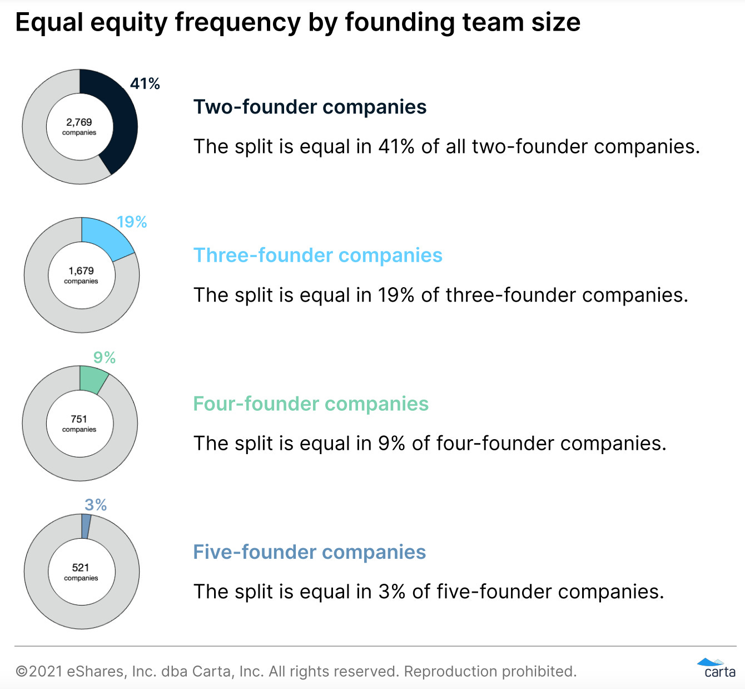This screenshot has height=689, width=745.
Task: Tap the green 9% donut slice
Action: (x=92, y=378)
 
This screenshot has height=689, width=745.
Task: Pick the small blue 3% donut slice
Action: (x=86, y=526)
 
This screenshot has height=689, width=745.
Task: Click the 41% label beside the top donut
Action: (x=145, y=84)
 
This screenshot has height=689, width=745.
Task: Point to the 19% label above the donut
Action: (x=132, y=222)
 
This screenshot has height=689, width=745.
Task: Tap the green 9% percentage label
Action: (x=105, y=357)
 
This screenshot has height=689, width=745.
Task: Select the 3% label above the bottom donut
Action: (x=96, y=505)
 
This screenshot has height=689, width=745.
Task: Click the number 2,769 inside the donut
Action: (x=79, y=122)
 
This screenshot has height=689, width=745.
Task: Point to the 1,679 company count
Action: (x=81, y=270)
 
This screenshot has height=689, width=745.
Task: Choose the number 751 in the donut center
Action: (x=79, y=419)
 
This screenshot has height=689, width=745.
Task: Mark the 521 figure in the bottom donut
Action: (x=81, y=567)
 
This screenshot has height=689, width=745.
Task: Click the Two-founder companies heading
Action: (x=310, y=107)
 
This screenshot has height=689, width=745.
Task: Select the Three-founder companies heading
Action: (x=317, y=255)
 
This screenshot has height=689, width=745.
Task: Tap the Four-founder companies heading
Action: (x=311, y=403)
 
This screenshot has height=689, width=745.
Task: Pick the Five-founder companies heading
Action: (x=309, y=552)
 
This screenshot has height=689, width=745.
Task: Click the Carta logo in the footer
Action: (x=718, y=668)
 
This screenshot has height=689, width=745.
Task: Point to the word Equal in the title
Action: (x=48, y=23)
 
